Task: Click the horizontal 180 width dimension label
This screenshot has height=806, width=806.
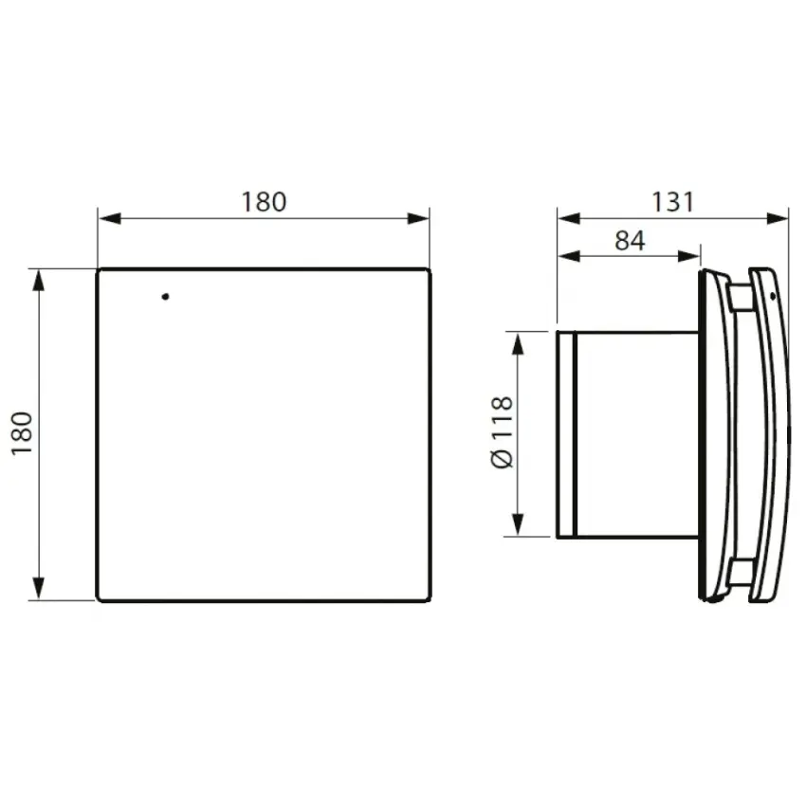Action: [264, 202]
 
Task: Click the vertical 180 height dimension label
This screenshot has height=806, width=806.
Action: [23, 433]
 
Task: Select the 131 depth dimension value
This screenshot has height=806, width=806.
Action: [672, 202]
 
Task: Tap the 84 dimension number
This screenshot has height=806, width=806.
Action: [630, 241]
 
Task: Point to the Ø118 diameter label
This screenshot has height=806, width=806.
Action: [503, 432]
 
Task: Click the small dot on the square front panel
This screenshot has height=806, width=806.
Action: [166, 297]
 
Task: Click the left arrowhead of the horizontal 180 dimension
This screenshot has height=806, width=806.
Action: [110, 218]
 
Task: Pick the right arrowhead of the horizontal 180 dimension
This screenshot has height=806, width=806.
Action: [418, 218]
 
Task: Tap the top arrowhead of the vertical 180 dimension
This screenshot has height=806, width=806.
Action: [39, 281]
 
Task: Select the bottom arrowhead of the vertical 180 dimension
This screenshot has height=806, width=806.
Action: [39, 588]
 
